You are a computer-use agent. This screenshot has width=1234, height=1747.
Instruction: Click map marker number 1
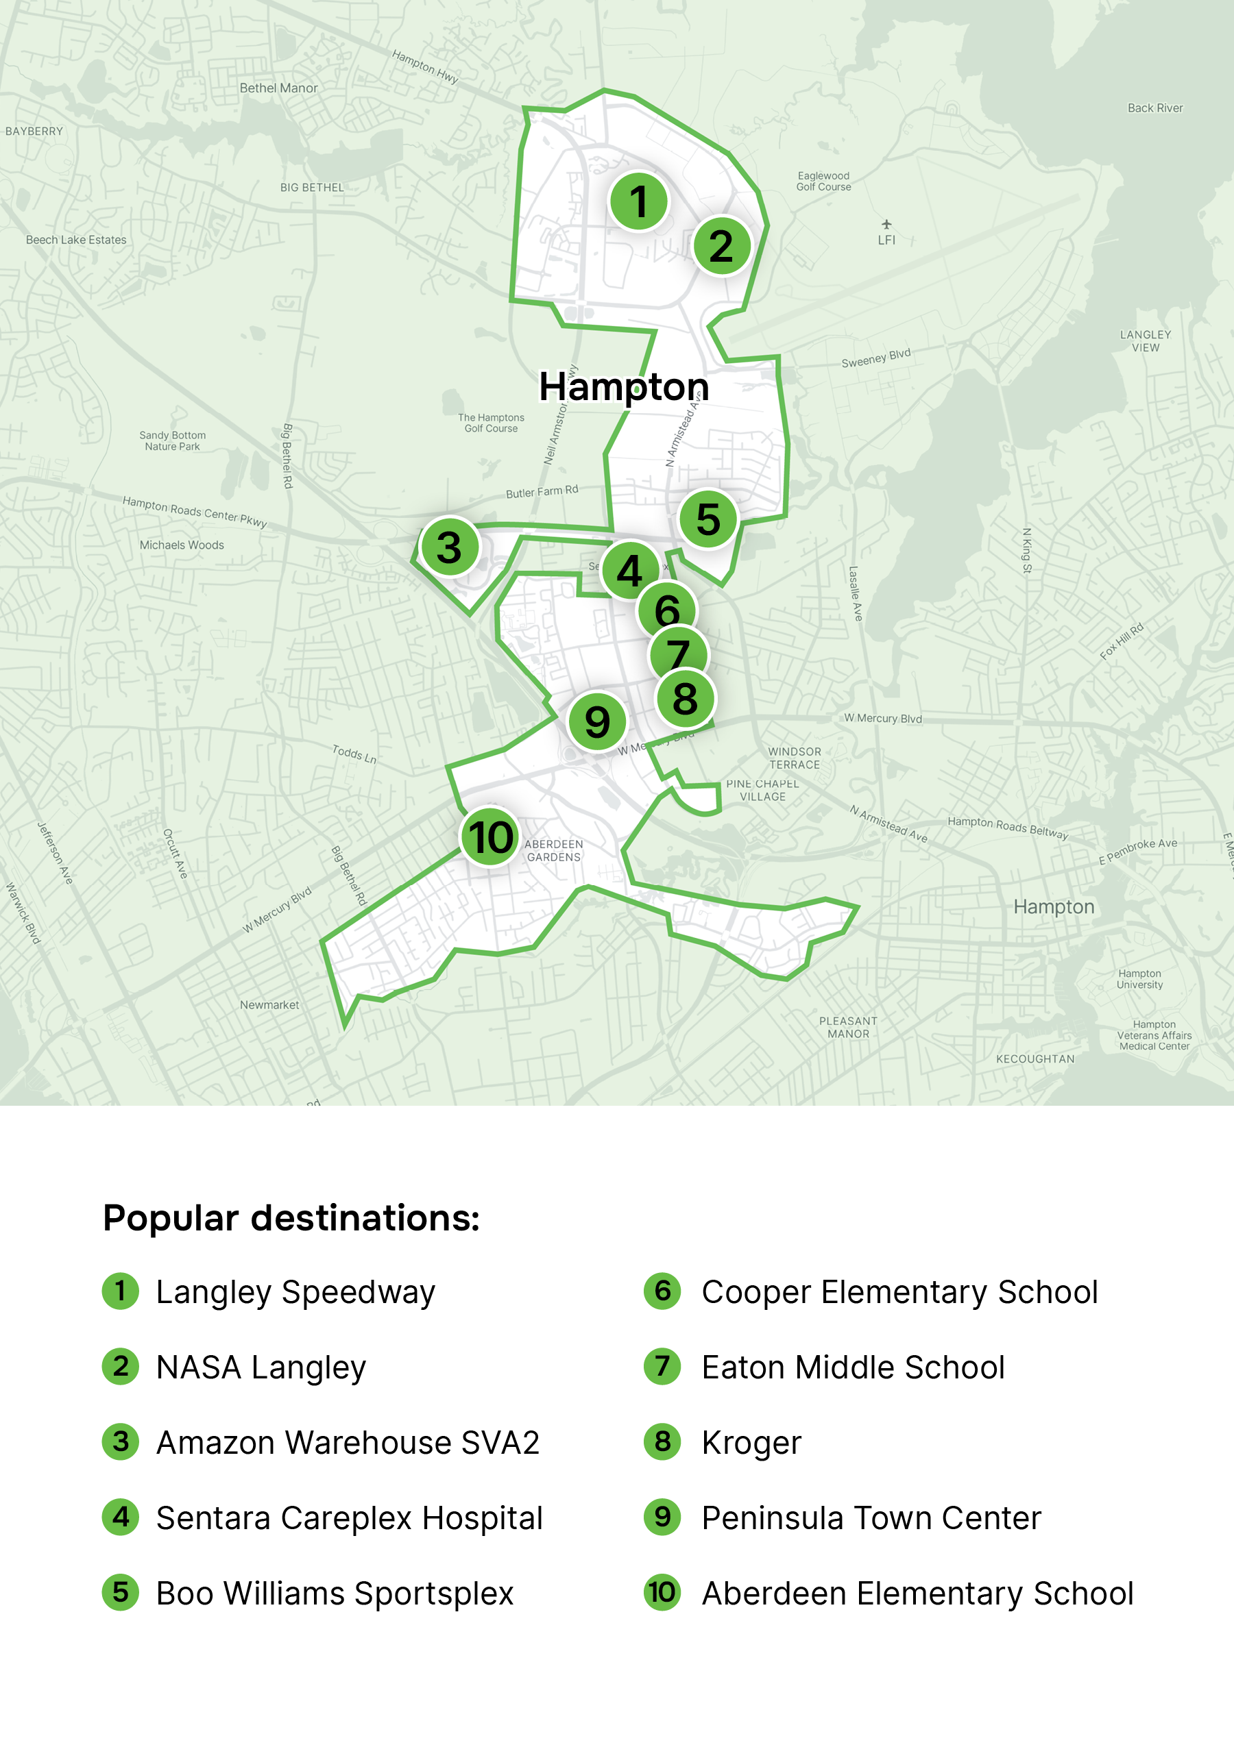tap(638, 201)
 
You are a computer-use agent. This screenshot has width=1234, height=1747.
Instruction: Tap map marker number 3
tap(449, 547)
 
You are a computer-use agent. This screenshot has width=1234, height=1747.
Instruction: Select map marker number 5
tap(708, 519)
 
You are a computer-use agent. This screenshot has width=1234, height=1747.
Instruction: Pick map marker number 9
tap(597, 721)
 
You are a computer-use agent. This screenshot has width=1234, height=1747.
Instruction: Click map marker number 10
tap(490, 837)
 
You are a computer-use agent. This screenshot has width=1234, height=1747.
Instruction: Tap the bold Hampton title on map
tap(623, 386)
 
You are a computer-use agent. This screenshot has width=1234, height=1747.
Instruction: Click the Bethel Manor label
tap(278, 88)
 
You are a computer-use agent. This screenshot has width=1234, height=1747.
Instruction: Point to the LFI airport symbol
tap(886, 225)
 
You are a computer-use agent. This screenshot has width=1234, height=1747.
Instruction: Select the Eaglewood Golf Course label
tap(823, 181)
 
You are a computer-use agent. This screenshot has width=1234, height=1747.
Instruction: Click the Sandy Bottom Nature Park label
tap(172, 441)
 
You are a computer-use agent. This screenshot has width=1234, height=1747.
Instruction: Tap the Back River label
tap(1155, 108)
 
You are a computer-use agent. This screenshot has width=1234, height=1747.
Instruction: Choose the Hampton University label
tap(1139, 978)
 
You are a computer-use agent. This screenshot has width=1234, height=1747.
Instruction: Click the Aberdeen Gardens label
tap(553, 850)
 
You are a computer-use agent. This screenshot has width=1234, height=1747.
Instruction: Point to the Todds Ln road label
tap(354, 754)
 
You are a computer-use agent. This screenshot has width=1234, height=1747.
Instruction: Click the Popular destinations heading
tap(291, 1217)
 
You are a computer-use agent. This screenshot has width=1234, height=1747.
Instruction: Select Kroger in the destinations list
tap(751, 1443)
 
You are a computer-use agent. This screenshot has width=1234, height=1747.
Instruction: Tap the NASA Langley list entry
tap(261, 1367)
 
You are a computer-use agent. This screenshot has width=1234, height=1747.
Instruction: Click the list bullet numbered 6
tap(662, 1291)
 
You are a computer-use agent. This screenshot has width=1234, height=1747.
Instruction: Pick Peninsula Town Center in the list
tap(871, 1518)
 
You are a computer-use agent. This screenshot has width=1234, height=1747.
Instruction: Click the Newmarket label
tap(269, 1004)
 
